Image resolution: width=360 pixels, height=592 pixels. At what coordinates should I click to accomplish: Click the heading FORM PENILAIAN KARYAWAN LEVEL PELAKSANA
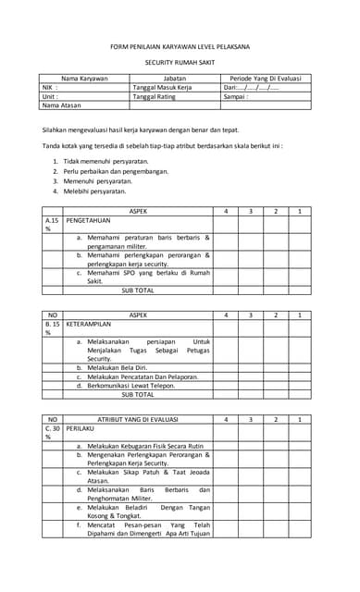(180, 45)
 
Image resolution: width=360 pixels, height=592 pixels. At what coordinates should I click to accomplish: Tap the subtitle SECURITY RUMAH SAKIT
(180, 65)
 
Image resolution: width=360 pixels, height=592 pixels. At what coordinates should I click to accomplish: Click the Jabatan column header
(174, 79)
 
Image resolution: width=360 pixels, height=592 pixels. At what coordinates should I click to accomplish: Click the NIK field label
(50, 87)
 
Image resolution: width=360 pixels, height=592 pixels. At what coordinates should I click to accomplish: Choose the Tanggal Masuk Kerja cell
(162, 87)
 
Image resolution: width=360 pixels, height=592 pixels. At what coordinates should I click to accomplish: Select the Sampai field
(236, 96)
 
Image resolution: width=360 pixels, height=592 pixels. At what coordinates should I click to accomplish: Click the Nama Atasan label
(62, 105)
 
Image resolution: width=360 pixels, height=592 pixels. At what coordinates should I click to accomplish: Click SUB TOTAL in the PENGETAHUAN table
(138, 290)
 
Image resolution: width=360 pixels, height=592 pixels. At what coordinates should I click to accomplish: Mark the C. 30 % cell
(52, 432)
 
